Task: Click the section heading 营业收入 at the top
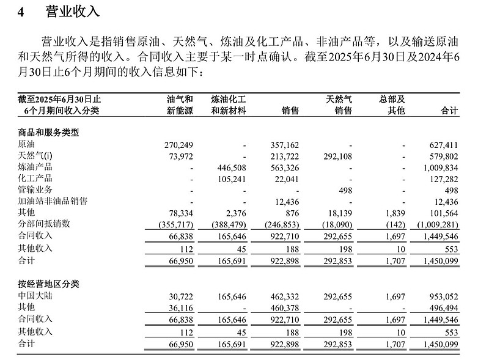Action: click(73, 12)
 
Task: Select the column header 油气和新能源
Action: click(180, 105)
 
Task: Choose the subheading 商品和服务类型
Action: click(49, 132)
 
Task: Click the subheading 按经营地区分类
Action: click(49, 284)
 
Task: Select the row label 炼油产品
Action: click(35, 167)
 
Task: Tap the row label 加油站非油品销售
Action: click(53, 200)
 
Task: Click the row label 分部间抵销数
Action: click(45, 224)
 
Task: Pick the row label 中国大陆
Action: click(35, 296)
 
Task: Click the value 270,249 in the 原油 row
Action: click(178, 145)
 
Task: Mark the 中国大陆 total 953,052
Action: click(441, 296)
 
